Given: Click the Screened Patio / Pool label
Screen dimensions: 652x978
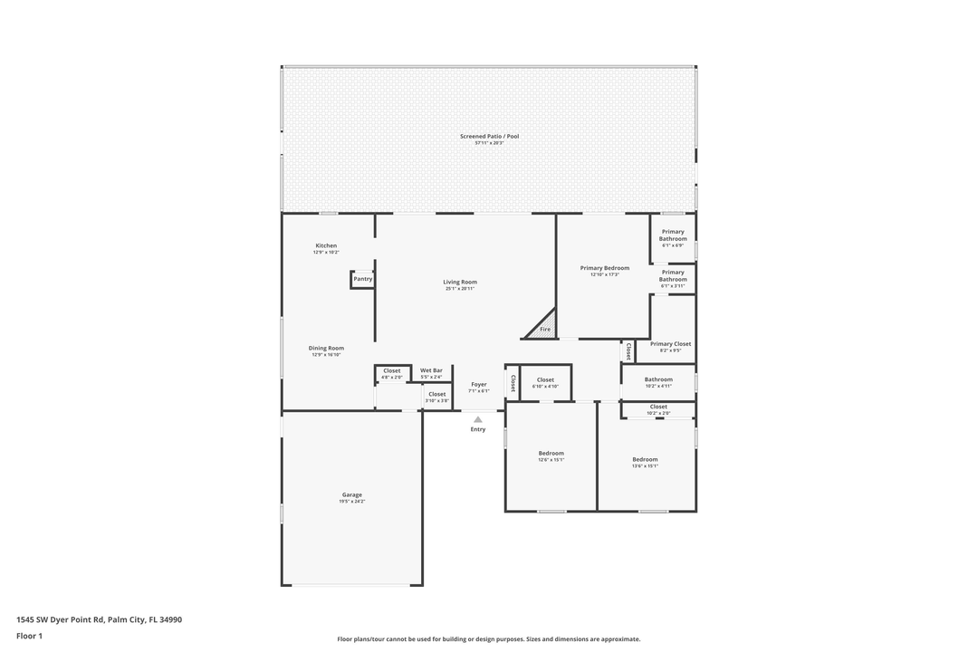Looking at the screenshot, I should [x=489, y=137].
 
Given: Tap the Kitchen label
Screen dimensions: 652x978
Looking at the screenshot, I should [x=326, y=246].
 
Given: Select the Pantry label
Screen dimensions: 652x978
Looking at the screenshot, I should [x=362, y=279].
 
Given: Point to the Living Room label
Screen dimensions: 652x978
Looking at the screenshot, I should [x=460, y=283].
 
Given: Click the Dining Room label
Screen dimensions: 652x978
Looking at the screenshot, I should [x=326, y=349].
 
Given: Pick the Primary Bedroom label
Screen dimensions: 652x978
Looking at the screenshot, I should [x=604, y=268].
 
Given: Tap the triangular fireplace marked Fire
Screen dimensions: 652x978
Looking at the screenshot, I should [x=543, y=327].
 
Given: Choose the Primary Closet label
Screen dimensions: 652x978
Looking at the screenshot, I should [x=670, y=344].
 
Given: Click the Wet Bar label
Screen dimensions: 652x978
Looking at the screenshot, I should [x=431, y=370].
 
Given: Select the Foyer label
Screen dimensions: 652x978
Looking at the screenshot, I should [x=478, y=385].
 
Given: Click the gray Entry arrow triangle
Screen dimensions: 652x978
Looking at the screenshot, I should [x=478, y=419].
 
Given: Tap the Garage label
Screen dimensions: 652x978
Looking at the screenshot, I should [x=352, y=495].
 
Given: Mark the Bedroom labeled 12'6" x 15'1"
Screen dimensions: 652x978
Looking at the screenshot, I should [x=551, y=454].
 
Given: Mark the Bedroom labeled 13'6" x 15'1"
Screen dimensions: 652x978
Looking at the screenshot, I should [x=645, y=460].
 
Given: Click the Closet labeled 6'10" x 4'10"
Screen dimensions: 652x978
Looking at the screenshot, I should [x=545, y=380].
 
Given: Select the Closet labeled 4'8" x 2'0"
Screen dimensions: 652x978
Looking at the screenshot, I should [x=391, y=370].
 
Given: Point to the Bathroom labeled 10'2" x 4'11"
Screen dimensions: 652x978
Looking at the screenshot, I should [x=658, y=380].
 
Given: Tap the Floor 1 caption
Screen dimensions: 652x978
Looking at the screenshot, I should [x=30, y=637].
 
